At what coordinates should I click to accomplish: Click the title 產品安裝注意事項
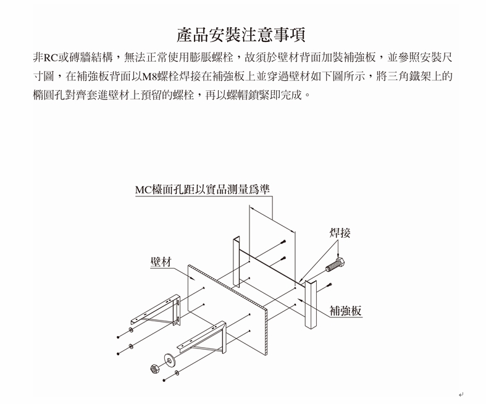241,35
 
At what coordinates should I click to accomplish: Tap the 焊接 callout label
340,232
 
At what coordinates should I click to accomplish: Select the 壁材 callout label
161,262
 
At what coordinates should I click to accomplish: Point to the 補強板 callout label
346,310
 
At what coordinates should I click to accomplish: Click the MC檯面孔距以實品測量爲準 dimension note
203,189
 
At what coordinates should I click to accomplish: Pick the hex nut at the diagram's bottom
154,369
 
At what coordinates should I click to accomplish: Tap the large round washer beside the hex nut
169,360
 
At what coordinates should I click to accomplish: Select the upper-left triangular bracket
156,310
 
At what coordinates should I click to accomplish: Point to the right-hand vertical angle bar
311,305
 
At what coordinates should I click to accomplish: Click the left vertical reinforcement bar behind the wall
236,262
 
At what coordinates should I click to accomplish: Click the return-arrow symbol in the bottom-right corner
461,395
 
